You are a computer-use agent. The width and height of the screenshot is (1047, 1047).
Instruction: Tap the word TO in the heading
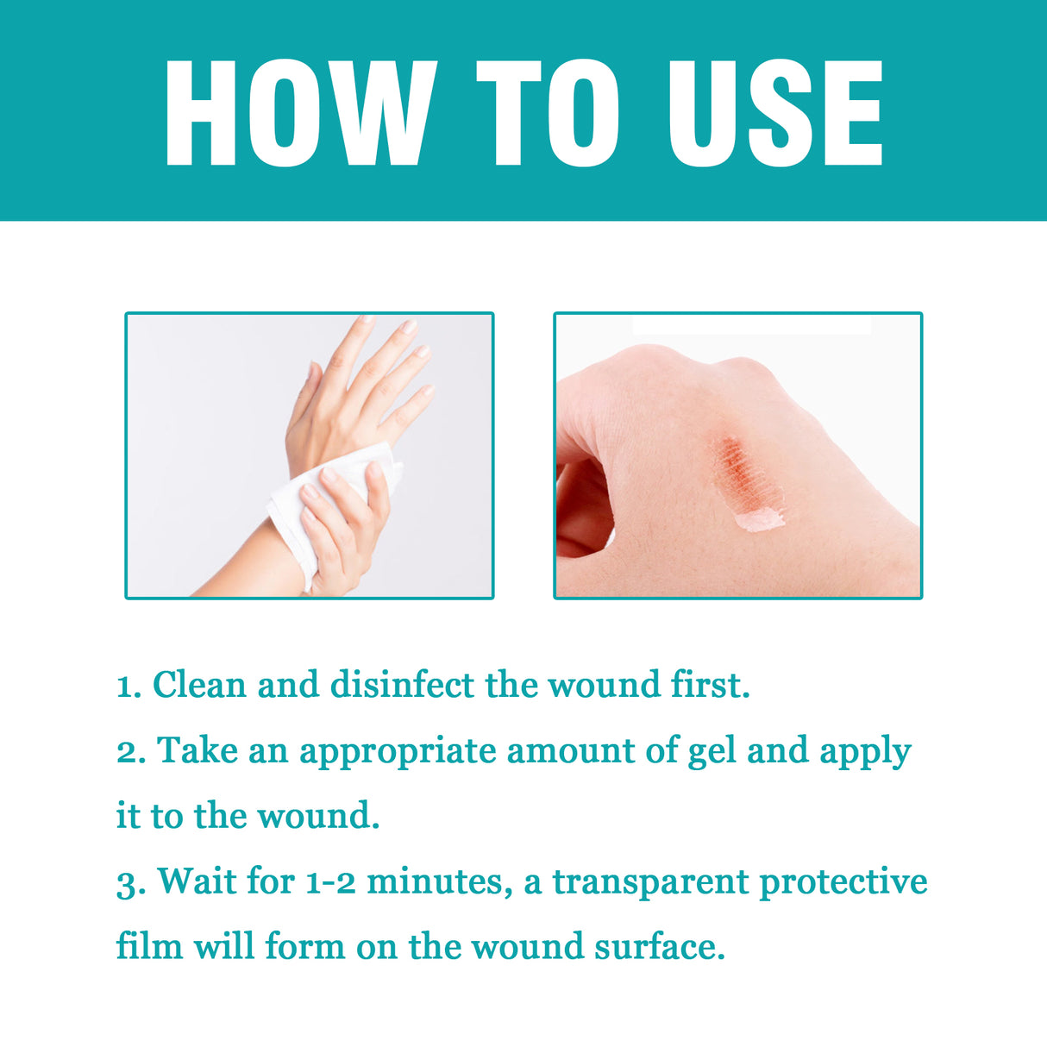(x=549, y=113)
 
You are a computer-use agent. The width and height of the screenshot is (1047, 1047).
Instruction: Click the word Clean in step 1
(x=199, y=685)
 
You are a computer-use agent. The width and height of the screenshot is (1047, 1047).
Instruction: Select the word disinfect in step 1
(x=402, y=685)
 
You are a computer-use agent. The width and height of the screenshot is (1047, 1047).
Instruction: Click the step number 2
(x=130, y=751)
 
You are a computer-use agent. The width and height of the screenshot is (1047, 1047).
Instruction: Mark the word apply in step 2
(x=865, y=752)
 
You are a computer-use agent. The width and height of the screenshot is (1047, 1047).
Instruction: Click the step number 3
(x=130, y=882)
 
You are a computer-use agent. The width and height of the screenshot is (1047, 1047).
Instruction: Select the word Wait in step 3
(x=196, y=881)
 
